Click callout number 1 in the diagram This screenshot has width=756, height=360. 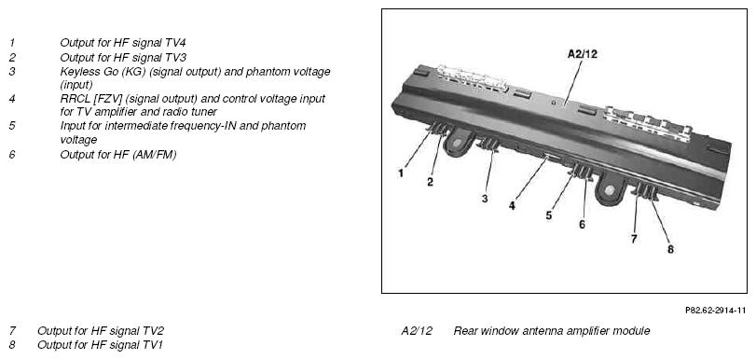[x=401, y=173]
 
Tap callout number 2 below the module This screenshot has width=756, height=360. [x=430, y=182]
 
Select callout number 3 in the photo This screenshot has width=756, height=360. [x=485, y=199]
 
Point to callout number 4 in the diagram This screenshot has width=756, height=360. [x=512, y=206]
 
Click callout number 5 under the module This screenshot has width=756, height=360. [x=549, y=215]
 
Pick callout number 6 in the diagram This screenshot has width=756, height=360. [x=582, y=225]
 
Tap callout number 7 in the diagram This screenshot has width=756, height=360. [x=634, y=239]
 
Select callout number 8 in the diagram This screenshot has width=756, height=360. [x=670, y=249]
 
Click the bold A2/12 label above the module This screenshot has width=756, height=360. [x=582, y=54]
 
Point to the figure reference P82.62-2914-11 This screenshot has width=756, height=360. [x=715, y=311]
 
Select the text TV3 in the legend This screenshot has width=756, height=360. [x=175, y=57]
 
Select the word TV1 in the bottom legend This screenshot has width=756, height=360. [x=152, y=345]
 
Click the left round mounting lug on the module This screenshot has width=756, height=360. [x=456, y=144]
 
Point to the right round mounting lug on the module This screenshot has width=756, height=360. [x=610, y=189]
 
